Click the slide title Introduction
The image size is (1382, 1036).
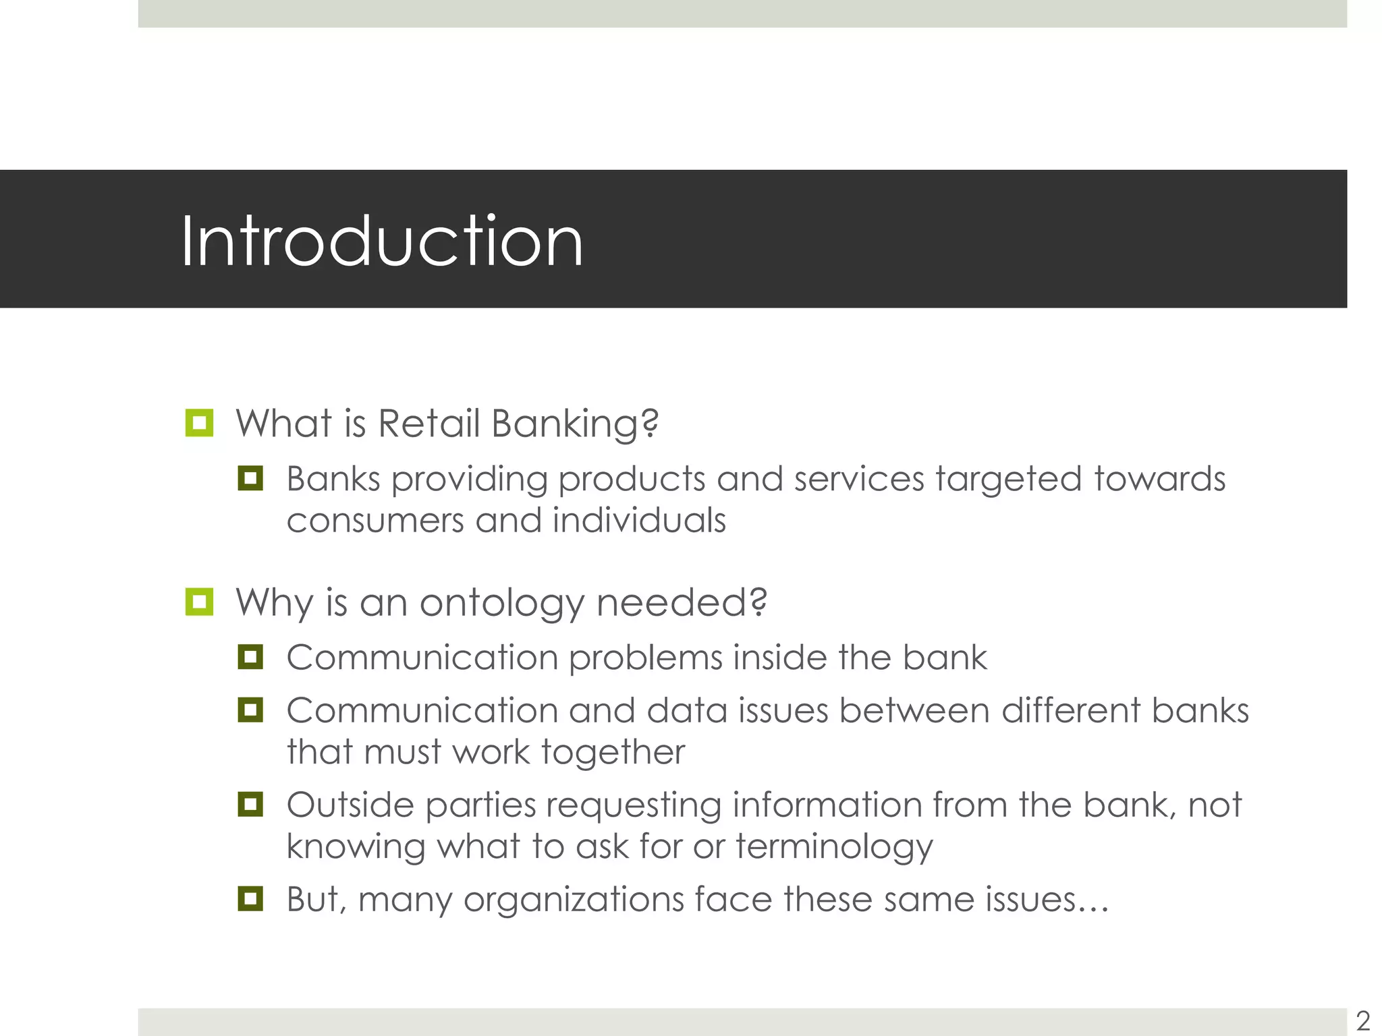click(x=382, y=241)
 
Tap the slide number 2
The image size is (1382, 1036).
click(x=1362, y=1020)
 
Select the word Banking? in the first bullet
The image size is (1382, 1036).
click(x=575, y=424)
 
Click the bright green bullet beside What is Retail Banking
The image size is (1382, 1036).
click(x=199, y=423)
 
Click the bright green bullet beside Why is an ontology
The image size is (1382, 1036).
click(x=199, y=602)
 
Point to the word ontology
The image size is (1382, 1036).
click(x=502, y=602)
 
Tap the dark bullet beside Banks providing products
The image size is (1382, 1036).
click(x=250, y=478)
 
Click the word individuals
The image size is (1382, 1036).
click(x=638, y=521)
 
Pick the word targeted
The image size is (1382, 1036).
click(x=1008, y=480)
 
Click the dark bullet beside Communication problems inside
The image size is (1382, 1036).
click(x=250, y=657)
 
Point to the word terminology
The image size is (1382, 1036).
click(x=834, y=847)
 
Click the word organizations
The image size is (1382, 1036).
click(x=574, y=900)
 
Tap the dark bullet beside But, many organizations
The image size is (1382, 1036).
click(x=250, y=898)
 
